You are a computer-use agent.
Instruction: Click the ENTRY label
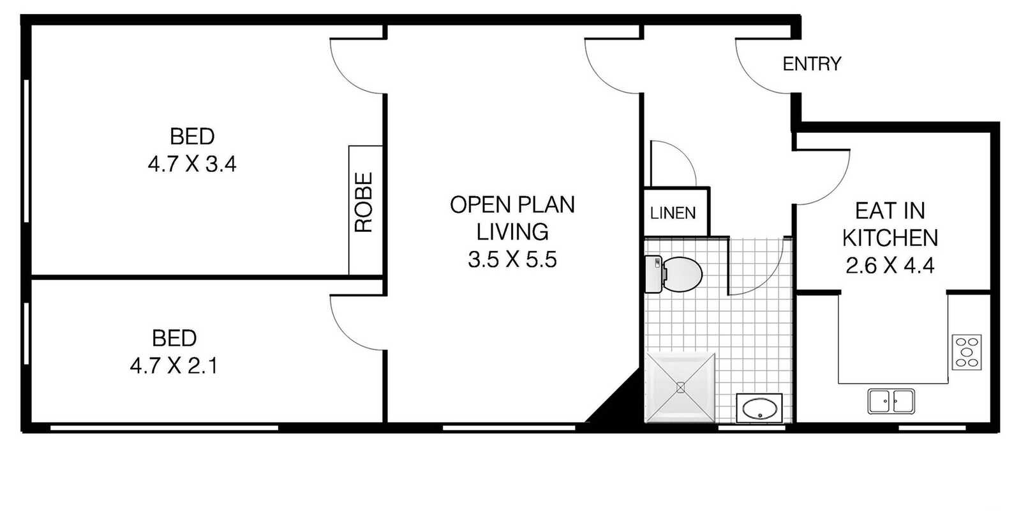point(812,64)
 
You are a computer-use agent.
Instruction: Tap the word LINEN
point(673,213)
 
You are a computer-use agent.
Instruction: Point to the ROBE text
point(364,202)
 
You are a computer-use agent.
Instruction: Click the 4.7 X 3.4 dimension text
point(192,164)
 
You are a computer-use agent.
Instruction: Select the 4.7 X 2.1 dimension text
point(174,366)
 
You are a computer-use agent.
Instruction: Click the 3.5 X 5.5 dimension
point(512,259)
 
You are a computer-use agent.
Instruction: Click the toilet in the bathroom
point(674,274)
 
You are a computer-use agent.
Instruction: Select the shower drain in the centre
point(680,388)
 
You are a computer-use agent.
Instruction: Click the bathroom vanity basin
point(759,409)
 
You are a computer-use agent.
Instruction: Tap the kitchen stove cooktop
point(967,352)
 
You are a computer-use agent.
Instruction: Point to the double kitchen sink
point(891,402)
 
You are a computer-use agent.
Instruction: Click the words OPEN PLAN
point(512,205)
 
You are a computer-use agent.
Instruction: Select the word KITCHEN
point(890,238)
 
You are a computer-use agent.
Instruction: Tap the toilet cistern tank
point(653,274)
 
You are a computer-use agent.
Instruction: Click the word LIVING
point(512,233)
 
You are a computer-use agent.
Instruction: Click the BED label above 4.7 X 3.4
point(192,137)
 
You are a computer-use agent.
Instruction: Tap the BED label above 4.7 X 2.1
point(174,339)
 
